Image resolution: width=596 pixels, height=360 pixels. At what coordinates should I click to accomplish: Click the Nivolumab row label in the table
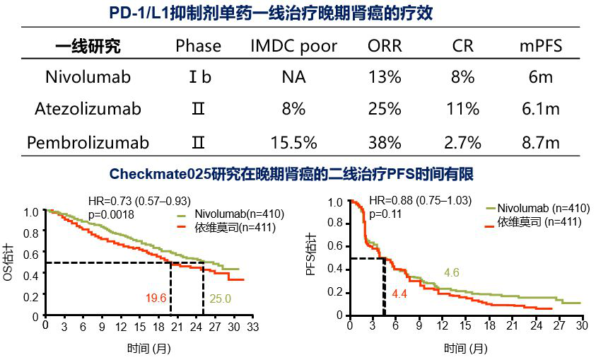click(x=88, y=77)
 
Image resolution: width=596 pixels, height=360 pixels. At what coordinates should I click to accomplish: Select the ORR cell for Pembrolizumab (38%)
click(x=385, y=143)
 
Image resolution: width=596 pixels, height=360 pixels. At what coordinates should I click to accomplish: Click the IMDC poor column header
click(x=293, y=47)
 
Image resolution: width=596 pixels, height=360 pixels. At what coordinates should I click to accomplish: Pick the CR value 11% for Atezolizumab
click(x=463, y=109)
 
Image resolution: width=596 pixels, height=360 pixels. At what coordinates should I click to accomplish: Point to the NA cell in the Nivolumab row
click(x=293, y=77)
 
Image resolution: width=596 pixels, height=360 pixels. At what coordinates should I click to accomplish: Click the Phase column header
click(x=199, y=47)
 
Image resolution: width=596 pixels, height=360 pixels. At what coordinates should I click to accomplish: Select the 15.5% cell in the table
click(x=293, y=143)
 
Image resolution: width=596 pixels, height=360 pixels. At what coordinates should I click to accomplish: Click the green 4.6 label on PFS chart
click(x=452, y=272)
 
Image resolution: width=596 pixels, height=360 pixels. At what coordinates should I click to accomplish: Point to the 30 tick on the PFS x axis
click(x=581, y=326)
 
